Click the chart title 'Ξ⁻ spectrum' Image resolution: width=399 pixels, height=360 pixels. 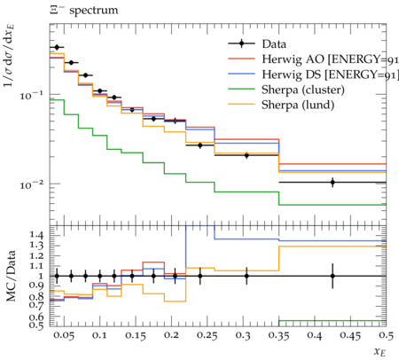click(x=83, y=11)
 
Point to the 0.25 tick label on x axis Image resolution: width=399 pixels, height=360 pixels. click(x=207, y=335)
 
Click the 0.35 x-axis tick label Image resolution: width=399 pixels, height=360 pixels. click(x=278, y=335)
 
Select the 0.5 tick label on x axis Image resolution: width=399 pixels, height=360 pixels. click(x=386, y=335)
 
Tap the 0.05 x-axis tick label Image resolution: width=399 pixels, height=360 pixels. click(x=64, y=335)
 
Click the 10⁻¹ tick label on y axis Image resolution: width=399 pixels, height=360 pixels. click(x=32, y=95)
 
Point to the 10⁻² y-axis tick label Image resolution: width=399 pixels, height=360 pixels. click(x=32, y=184)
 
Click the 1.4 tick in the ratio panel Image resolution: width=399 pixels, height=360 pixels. click(x=36, y=235)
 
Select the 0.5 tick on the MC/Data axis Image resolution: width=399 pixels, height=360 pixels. click(x=36, y=325)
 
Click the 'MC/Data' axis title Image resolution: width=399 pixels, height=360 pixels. click(x=11, y=276)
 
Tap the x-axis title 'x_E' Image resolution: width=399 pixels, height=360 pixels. click(x=380, y=351)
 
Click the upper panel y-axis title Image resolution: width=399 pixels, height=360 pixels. click(x=9, y=56)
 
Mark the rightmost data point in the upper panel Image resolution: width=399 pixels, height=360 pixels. click(x=332, y=183)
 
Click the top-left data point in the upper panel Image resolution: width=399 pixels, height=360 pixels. click(x=57, y=47)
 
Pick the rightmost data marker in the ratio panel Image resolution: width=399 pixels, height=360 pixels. click(x=332, y=276)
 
